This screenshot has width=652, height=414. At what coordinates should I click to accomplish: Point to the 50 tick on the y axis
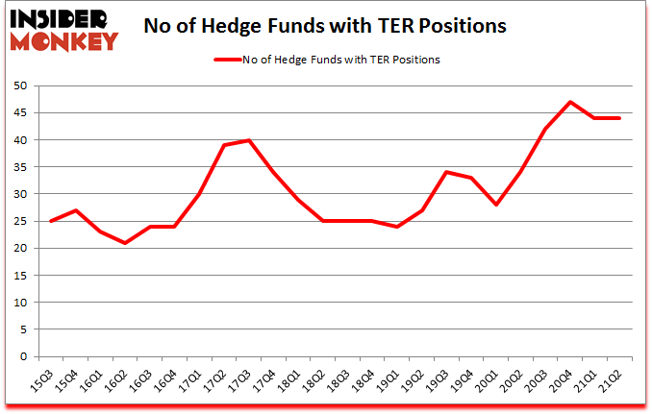pos(21,85)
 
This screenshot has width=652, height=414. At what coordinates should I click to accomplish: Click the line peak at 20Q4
pos(570,102)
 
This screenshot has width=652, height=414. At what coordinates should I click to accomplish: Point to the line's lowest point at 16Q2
pos(124,242)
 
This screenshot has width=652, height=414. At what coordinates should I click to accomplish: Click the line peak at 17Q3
pos(249,140)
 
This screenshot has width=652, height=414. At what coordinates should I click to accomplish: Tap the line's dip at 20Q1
pos(496,205)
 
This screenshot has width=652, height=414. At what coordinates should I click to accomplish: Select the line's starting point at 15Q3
pos(50,221)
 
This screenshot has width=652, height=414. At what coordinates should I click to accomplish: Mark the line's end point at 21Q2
pos(619,118)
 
